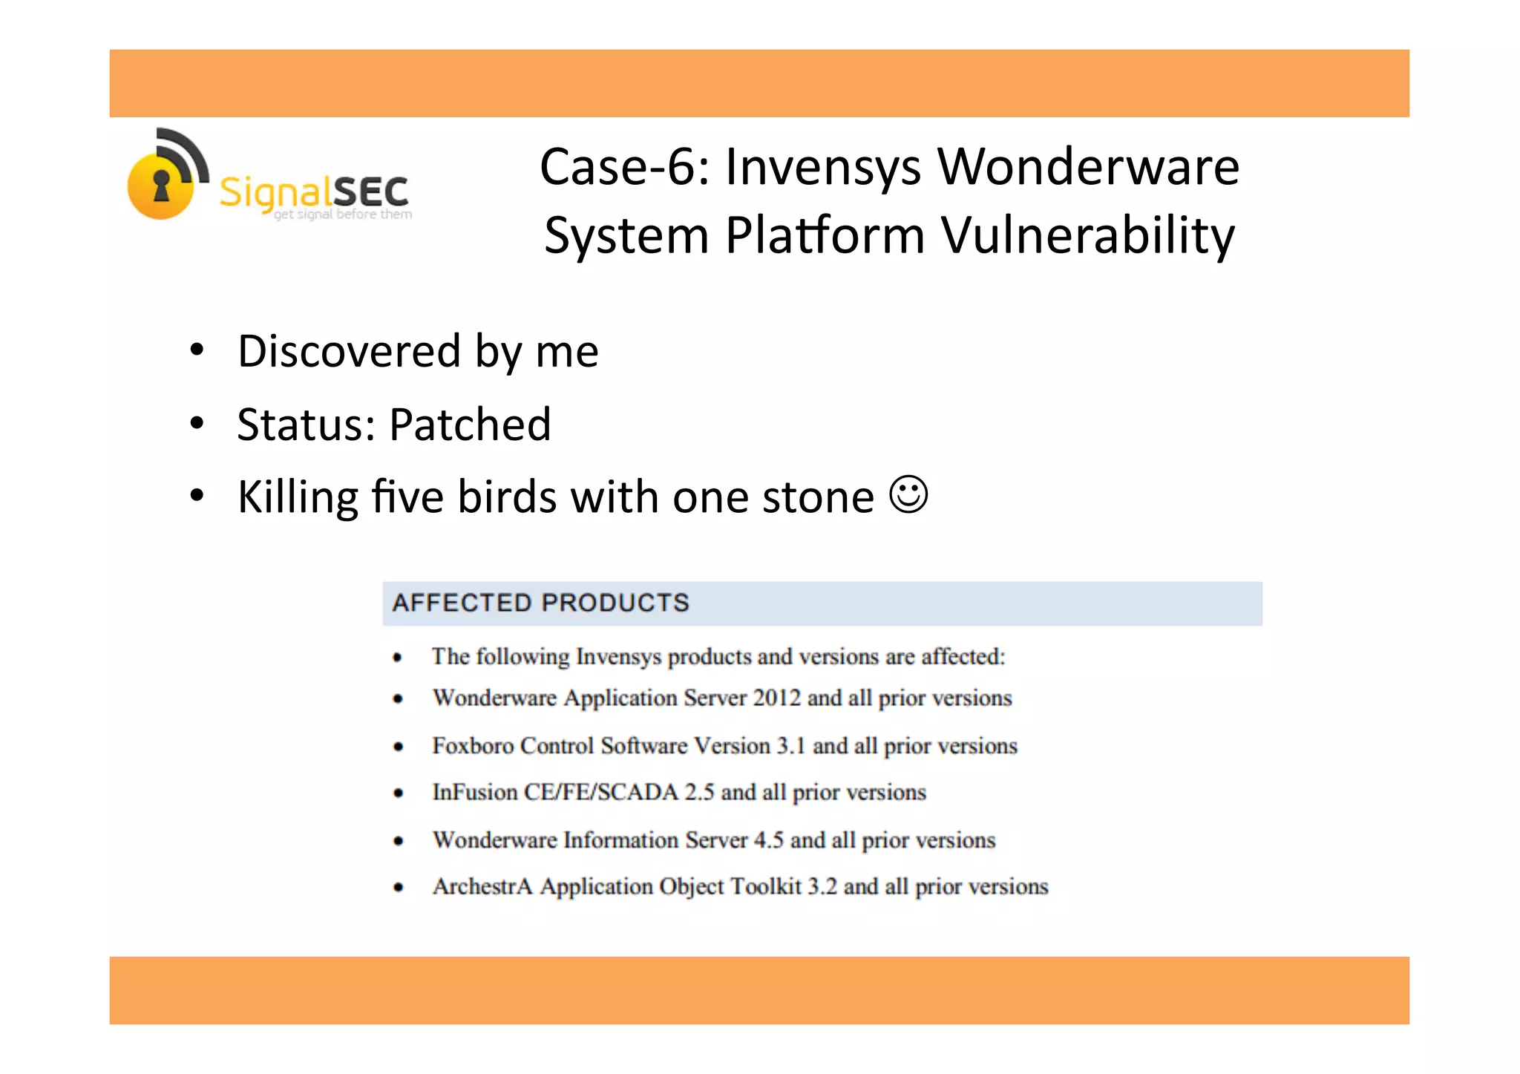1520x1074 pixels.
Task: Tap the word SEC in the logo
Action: click(x=370, y=192)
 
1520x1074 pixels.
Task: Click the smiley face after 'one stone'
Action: click(x=908, y=494)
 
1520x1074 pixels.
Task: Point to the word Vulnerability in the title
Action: click(x=1088, y=235)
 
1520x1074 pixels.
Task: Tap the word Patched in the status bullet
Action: click(x=470, y=425)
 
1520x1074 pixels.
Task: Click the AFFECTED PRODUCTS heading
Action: click(x=541, y=603)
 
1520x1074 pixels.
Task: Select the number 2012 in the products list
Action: click(x=776, y=698)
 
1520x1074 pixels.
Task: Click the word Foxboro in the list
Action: click(x=473, y=745)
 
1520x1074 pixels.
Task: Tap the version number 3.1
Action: click(x=790, y=745)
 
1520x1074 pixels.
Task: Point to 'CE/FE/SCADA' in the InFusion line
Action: click(x=601, y=792)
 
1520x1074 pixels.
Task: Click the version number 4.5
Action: click(x=768, y=839)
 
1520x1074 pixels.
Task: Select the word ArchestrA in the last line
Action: click(x=482, y=886)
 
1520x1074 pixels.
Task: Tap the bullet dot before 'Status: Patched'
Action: click(x=196, y=423)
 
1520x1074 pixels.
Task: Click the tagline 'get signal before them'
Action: click(x=343, y=215)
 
